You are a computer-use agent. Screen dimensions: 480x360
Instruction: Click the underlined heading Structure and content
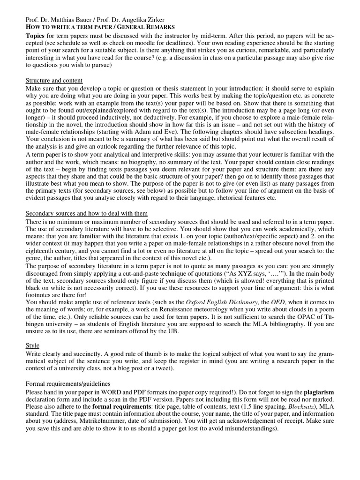(x=54, y=81)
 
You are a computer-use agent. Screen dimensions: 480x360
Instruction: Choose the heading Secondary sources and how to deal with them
(x=86, y=213)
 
